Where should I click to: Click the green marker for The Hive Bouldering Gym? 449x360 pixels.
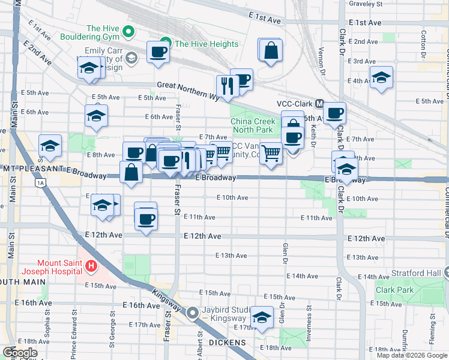point(128,31)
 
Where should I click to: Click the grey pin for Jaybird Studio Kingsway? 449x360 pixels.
point(193,313)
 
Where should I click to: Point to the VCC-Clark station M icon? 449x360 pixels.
point(319,104)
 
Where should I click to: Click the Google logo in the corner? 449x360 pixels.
point(20,353)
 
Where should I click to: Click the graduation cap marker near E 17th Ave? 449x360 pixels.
point(262,318)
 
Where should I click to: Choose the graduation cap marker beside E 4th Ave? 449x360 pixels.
point(381,78)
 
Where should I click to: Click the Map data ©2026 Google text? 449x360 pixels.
point(412,355)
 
